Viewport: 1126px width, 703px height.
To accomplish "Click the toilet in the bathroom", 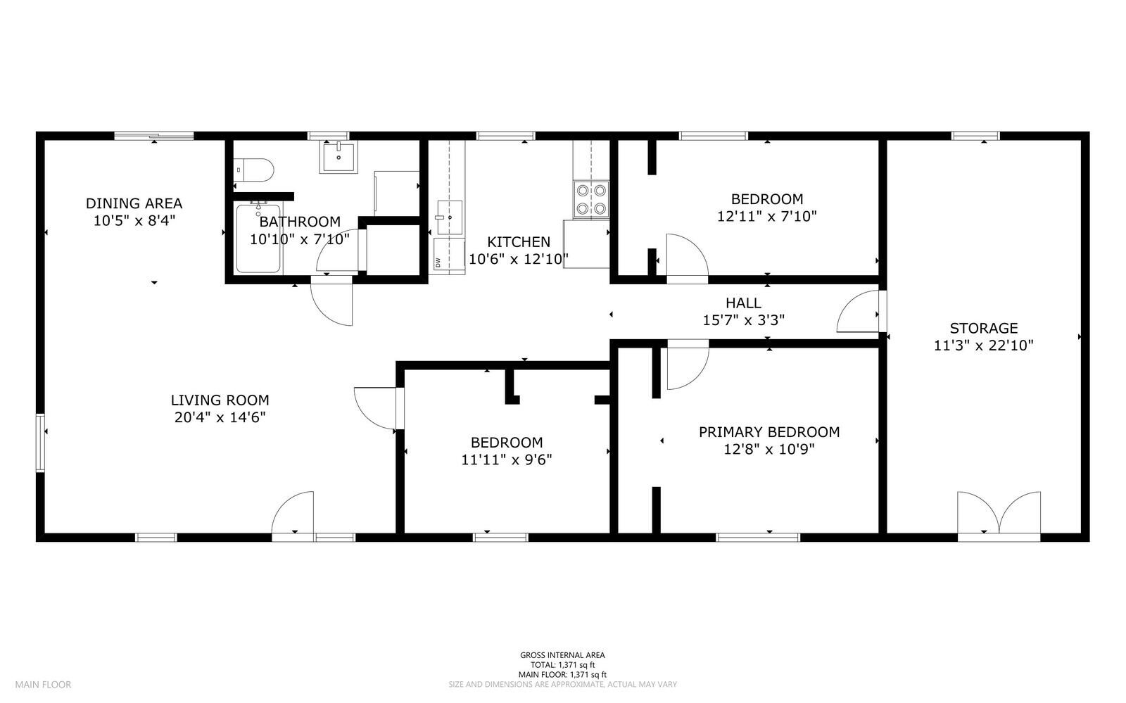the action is [x=253, y=170].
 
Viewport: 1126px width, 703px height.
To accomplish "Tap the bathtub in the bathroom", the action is [x=258, y=238].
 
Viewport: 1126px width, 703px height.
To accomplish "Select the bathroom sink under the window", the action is [x=339, y=157].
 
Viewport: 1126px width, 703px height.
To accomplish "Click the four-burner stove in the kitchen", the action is [x=591, y=199].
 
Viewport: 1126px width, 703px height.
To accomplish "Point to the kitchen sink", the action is [x=450, y=217].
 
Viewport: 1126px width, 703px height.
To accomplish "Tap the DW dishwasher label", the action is [x=438, y=262].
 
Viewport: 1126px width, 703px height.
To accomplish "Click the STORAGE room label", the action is [x=984, y=328].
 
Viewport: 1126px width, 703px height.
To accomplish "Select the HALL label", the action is [x=743, y=303].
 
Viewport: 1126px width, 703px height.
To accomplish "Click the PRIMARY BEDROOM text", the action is [x=769, y=432].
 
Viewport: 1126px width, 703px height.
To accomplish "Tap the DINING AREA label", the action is [x=134, y=203].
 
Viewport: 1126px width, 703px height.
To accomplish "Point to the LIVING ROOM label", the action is [x=220, y=400].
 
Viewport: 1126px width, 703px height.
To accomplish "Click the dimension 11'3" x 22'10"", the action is [x=984, y=346].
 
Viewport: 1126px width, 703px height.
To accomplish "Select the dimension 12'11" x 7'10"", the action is [x=766, y=217].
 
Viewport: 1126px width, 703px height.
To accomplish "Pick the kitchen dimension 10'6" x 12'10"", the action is [x=518, y=259].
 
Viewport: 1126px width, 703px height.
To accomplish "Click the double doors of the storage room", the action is [x=999, y=516].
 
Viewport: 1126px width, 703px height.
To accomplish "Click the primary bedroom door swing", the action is [x=688, y=365].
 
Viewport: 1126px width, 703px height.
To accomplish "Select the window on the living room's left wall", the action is [x=40, y=443].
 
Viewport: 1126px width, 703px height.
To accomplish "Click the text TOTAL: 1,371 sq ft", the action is [x=562, y=665].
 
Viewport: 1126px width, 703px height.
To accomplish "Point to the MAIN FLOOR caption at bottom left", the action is [x=43, y=685].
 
